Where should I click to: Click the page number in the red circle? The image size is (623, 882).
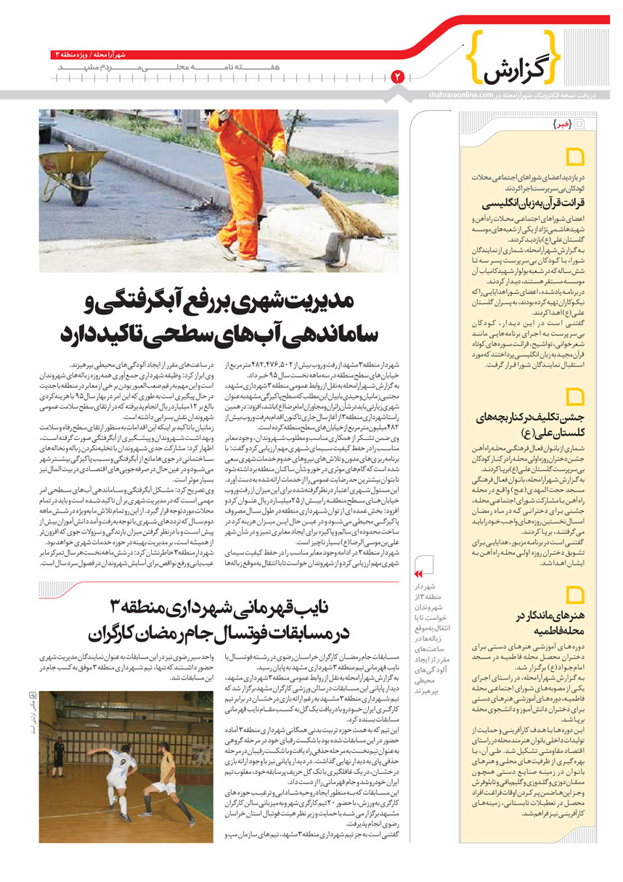[397, 75]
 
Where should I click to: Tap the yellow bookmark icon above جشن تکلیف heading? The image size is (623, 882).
[575, 396]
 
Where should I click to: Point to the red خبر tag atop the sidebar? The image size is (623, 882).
[561, 124]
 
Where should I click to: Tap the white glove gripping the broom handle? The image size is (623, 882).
[278, 157]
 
